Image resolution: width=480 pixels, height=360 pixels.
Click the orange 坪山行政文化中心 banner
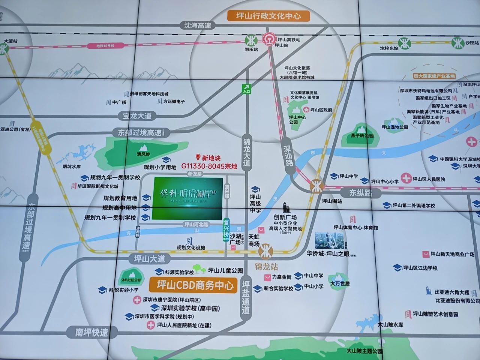pyautogui.click(x=268, y=16)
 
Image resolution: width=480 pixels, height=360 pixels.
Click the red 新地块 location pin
pyautogui.click(x=198, y=158)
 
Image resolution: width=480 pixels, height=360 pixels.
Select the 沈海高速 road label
pyautogui.click(x=197, y=25)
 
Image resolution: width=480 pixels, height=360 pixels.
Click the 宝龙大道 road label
pyautogui.click(x=137, y=115)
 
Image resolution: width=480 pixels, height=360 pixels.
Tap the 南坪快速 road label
pyautogui.click(x=91, y=332)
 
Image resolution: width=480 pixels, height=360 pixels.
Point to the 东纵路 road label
pyautogui.click(x=361, y=193)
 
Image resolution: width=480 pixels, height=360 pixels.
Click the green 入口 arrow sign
pyautogui.click(x=246, y=89)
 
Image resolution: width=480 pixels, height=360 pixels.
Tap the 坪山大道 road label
pyautogui.click(x=150, y=259)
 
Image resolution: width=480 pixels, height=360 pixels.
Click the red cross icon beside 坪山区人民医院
pyautogui.click(x=406, y=178)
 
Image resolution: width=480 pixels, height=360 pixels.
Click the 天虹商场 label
pyautogui.click(x=254, y=240)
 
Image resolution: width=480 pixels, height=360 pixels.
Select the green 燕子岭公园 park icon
pyautogui.click(x=361, y=128)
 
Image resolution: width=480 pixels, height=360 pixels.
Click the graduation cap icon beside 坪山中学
pyautogui.click(x=334, y=176)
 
